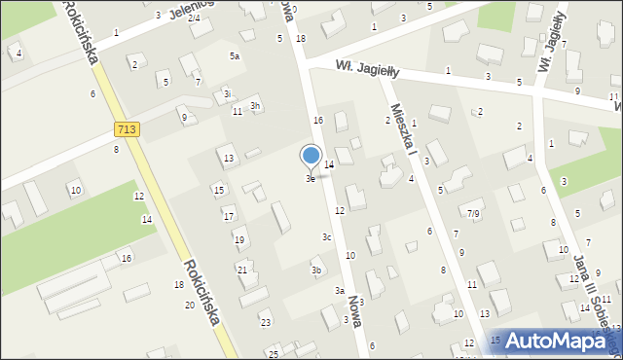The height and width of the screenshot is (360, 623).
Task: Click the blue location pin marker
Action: (x=311, y=156)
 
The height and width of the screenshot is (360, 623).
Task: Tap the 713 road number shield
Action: (x=125, y=128)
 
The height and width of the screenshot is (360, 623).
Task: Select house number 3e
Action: (x=311, y=179)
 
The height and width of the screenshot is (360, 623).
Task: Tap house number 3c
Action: (x=328, y=236)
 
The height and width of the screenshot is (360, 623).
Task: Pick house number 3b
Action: (x=316, y=270)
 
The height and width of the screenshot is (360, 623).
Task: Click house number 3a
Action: (x=340, y=291)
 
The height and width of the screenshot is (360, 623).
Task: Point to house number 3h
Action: (x=255, y=105)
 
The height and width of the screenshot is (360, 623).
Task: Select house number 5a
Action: (x=234, y=56)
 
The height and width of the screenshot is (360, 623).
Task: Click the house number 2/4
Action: (x=194, y=18)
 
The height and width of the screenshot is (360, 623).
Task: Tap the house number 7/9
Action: (x=473, y=213)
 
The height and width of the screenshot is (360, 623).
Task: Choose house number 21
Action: (x=241, y=270)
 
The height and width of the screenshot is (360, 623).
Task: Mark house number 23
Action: (x=265, y=322)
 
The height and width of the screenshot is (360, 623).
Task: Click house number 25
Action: (x=274, y=353)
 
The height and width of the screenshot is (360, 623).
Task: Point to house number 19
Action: (x=238, y=239)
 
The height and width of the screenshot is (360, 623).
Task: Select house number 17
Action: (x=228, y=215)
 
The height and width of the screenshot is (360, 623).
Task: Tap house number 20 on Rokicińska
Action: (x=190, y=306)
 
